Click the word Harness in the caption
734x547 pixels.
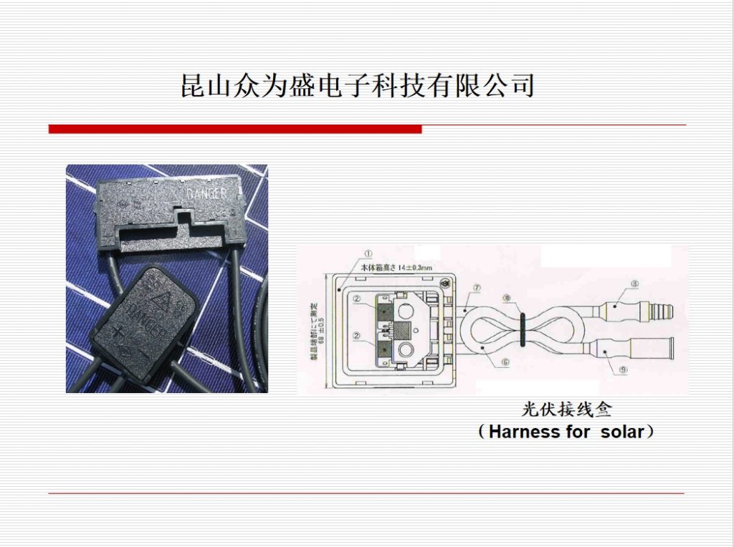[x=527, y=432]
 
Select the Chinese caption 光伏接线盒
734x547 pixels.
[x=567, y=411]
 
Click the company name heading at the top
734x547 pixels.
[x=358, y=84]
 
